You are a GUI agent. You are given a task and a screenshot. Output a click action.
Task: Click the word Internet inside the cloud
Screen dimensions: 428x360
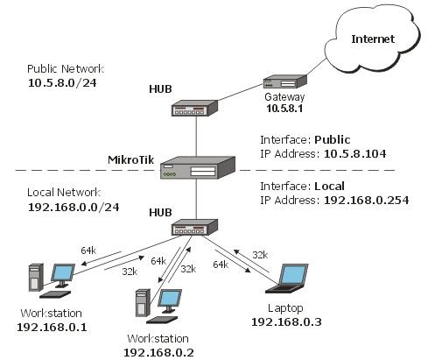pos(373,39)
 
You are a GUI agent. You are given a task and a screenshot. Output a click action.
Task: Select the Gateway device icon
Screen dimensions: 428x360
pos(285,81)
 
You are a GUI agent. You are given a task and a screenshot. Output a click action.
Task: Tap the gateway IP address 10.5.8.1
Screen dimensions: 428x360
pos(284,109)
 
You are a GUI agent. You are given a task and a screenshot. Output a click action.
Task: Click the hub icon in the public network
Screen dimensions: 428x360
pos(194,108)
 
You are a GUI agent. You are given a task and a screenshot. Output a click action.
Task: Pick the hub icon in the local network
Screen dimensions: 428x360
pos(194,227)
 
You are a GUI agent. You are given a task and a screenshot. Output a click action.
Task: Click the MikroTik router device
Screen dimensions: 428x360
pos(198,167)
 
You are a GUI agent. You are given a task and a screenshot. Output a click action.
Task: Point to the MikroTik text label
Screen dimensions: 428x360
pos(130,159)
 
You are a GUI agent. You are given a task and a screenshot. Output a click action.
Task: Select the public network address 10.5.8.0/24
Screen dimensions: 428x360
pos(62,83)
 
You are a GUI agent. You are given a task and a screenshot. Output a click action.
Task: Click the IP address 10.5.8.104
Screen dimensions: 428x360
pos(355,154)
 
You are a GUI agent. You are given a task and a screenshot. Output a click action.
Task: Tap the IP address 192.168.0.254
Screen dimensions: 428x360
pos(367,201)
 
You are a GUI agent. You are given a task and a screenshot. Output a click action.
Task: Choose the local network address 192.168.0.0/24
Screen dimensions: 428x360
pos(74,208)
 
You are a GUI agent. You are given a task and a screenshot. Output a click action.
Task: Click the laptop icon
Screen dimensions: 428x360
pos(287,279)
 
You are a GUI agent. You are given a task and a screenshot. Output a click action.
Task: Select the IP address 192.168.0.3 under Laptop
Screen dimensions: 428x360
pos(286,322)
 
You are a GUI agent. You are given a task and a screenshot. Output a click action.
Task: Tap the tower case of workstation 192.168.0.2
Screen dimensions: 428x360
pos(143,303)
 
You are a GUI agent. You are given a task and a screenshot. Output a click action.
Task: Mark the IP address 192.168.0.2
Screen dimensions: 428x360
pos(158,353)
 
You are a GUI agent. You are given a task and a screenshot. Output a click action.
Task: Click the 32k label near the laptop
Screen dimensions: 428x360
pos(260,255)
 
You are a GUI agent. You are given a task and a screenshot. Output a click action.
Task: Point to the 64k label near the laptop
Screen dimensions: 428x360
pos(221,265)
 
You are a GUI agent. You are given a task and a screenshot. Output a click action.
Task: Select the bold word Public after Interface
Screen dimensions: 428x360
pos(333,140)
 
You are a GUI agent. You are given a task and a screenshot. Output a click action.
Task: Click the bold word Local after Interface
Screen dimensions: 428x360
pos(329,187)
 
